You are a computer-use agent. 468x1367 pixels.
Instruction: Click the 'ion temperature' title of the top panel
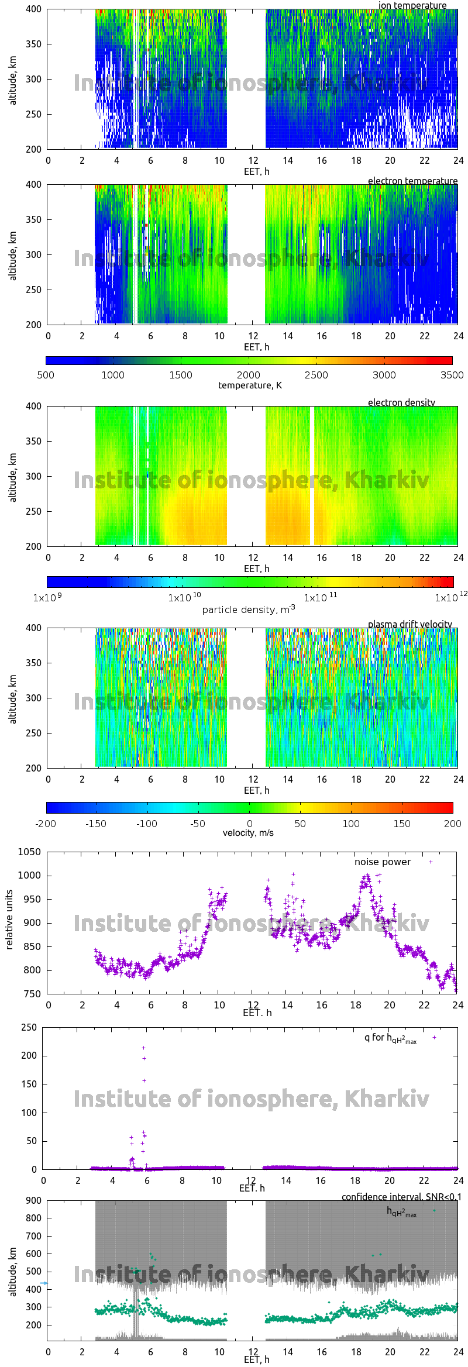pos(412,5)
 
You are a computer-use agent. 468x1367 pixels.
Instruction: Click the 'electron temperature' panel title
pos(412,181)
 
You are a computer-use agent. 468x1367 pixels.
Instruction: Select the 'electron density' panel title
pos(401,402)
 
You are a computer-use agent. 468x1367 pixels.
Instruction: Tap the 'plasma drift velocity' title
pos(409,624)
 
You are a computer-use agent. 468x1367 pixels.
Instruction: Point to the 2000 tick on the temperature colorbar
pos(249,375)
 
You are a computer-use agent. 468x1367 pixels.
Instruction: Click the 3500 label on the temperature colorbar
pos(452,375)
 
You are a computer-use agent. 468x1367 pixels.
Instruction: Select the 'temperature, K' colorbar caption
pos(250,385)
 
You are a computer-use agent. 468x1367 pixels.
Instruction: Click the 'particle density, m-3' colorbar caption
pos(248,610)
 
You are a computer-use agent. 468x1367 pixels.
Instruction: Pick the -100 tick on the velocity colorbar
pos(147,824)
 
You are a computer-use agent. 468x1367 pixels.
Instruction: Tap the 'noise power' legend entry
pos(383,862)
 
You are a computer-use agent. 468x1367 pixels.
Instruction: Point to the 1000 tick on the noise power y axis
pos(29,876)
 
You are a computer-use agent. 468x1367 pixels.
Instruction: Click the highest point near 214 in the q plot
pos(144,1048)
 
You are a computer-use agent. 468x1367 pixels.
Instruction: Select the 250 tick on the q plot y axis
pos(29,1027)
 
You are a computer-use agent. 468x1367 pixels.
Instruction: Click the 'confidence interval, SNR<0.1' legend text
pos(401,1197)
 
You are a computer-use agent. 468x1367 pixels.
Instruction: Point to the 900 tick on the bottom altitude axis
pos(34,1200)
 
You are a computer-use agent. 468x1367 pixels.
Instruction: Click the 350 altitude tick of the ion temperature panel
pos(34,44)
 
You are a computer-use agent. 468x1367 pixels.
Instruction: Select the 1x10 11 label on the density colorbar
pos(320,598)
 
